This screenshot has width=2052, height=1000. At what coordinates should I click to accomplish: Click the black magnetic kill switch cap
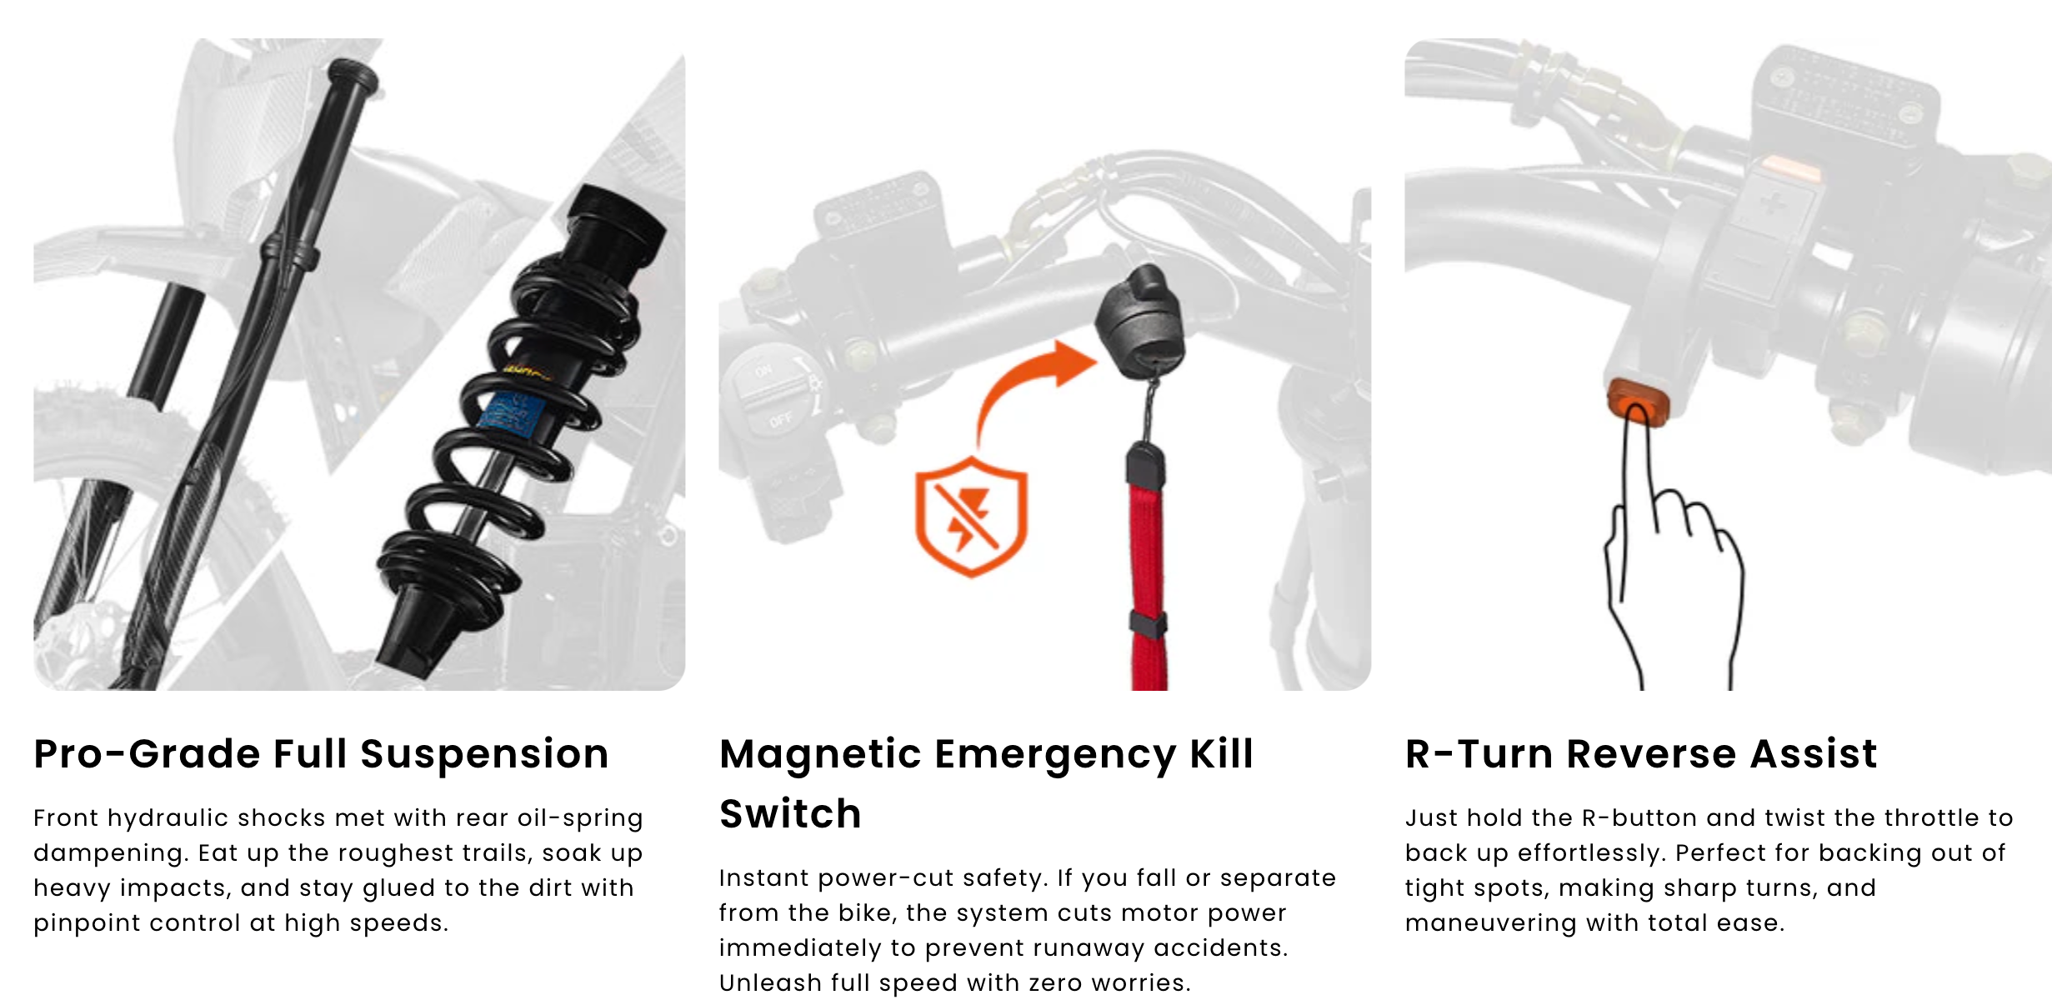(1139, 322)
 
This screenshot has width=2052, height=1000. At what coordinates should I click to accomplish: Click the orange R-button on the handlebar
(1639, 402)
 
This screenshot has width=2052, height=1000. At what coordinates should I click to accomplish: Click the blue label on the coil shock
(512, 412)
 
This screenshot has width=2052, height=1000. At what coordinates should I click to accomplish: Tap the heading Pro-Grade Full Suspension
(321, 754)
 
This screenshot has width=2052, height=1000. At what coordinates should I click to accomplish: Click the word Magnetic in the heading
(820, 755)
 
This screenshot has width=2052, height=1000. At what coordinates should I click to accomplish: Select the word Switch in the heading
(790, 814)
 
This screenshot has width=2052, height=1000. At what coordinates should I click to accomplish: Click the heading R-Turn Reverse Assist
(1641, 753)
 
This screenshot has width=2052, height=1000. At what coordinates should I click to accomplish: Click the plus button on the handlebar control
(1774, 202)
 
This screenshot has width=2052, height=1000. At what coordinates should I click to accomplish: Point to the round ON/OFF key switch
(771, 390)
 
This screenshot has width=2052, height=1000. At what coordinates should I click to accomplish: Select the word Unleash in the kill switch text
(763, 983)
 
